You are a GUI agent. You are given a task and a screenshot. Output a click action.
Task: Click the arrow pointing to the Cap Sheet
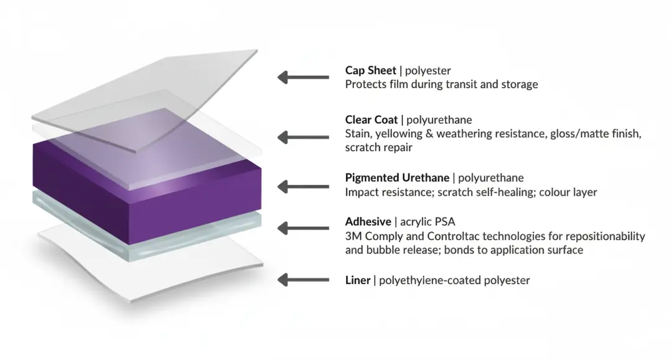[303, 77]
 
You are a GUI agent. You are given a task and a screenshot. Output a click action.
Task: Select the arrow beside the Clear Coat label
[303, 137]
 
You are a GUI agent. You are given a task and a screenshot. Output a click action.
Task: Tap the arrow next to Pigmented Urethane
[303, 185]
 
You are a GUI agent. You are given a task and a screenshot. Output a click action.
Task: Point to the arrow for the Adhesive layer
[303, 228]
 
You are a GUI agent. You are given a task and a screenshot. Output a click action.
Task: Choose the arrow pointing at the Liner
[303, 280]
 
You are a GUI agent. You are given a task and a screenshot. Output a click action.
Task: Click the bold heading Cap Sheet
[371, 70]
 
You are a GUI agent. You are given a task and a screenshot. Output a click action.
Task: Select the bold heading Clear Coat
[371, 119]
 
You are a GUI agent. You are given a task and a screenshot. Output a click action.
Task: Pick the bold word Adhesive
[368, 221]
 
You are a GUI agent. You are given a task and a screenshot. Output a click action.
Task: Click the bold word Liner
[358, 280]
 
